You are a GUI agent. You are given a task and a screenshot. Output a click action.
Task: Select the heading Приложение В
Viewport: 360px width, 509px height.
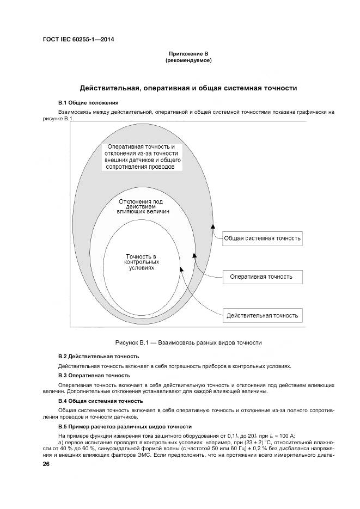[x=188, y=54]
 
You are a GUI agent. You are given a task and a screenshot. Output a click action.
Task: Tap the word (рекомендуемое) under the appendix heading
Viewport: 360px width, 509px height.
[x=188, y=60]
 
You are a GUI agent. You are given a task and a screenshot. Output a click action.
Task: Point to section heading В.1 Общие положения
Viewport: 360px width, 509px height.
[x=88, y=102]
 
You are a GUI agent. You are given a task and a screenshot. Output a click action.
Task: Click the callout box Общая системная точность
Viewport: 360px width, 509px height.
[x=263, y=238]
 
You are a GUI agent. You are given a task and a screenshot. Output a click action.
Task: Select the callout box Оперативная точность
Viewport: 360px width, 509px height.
[x=261, y=277]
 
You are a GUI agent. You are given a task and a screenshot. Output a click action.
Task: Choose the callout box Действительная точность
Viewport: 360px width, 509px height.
[x=262, y=315]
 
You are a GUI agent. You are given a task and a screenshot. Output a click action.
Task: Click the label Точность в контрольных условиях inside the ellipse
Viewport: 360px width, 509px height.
[x=141, y=262]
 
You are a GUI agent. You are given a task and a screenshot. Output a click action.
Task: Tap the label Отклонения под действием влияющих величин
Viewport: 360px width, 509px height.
[x=144, y=206]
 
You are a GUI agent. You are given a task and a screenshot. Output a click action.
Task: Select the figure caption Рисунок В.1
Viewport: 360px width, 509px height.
[x=188, y=343]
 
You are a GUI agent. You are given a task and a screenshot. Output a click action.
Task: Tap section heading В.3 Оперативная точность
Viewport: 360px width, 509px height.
[x=94, y=375]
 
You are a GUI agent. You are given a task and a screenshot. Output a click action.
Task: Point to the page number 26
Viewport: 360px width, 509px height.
[x=46, y=464]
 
